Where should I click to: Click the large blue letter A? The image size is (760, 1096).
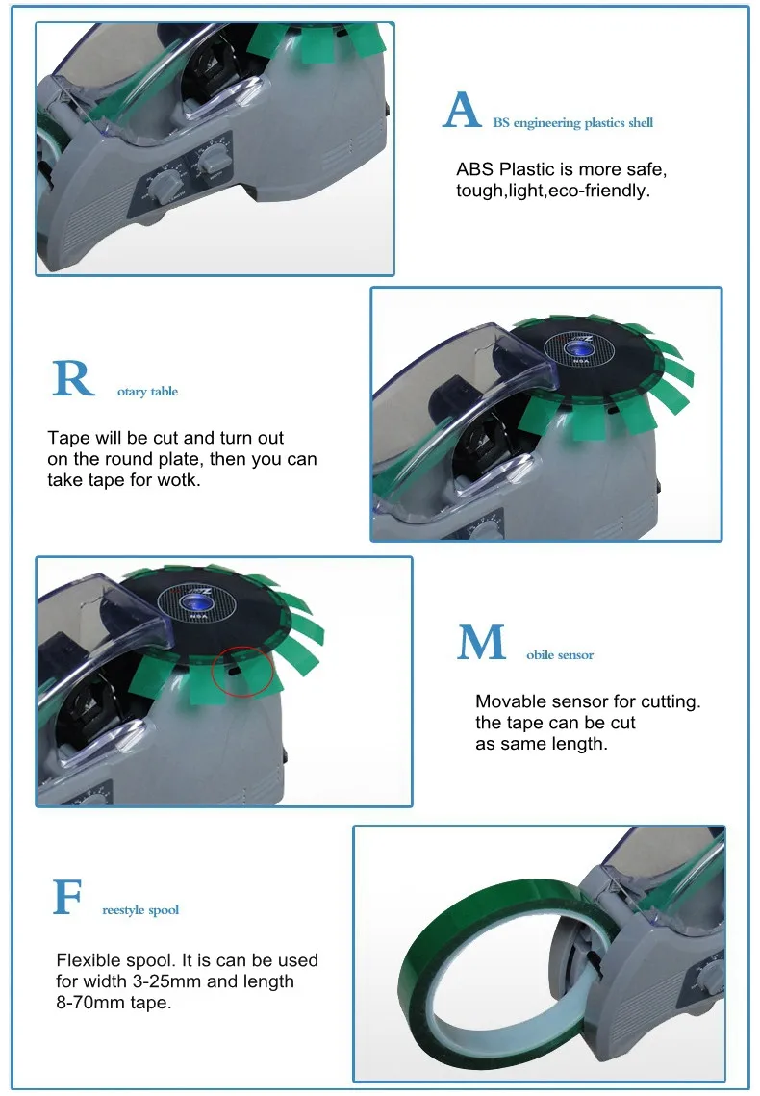click(x=462, y=111)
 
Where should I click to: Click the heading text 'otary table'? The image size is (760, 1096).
click(x=147, y=392)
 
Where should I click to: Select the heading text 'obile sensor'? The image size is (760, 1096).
click(x=560, y=655)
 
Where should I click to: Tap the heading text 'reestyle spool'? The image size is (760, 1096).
click(x=140, y=910)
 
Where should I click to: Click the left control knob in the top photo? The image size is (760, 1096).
click(x=169, y=181)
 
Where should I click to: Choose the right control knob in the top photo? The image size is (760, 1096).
click(x=215, y=154)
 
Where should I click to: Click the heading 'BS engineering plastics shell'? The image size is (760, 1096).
click(x=572, y=123)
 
